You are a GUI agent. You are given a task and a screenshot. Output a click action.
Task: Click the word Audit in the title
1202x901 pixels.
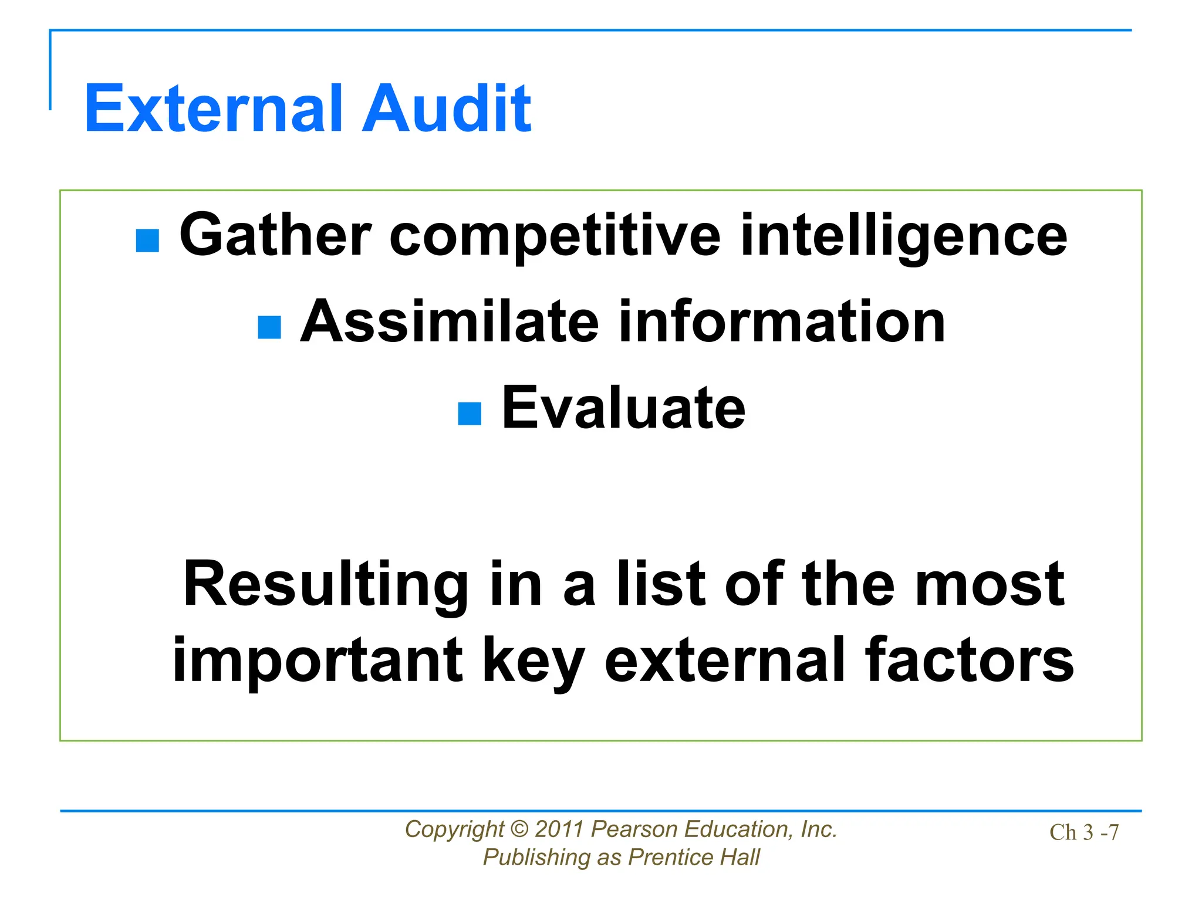446,109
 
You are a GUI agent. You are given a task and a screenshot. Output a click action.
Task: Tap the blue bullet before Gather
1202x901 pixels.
147,241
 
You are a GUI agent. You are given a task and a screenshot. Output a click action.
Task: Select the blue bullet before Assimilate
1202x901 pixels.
269,327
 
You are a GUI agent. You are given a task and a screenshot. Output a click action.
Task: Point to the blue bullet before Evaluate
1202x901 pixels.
470,414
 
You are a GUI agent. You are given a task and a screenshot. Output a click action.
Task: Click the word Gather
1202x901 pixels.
275,235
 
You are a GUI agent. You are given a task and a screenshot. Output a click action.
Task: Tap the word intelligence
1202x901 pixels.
904,236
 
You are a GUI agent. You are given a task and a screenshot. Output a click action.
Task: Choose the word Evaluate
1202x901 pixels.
623,408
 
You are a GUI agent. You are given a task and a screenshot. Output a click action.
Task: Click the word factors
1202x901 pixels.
969,660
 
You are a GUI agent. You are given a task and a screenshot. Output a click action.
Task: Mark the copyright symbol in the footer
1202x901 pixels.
519,829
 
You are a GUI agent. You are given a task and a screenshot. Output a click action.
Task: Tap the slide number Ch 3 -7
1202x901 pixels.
1084,832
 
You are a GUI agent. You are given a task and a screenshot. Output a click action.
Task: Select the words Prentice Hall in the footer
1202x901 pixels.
694,858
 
